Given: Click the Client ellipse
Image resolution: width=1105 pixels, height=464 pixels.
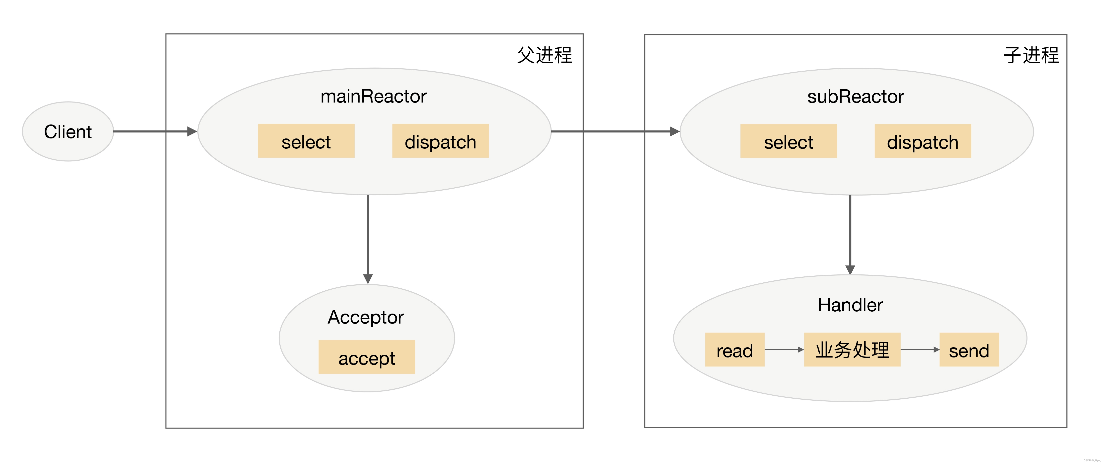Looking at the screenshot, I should click(x=68, y=131).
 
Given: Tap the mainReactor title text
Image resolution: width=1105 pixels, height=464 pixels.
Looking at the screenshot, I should click(x=373, y=96).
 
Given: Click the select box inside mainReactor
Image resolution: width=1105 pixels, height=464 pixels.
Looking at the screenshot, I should click(x=306, y=141).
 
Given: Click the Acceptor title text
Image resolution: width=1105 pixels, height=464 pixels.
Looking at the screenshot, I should click(x=366, y=317).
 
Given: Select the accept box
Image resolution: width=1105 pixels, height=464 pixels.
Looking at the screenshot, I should click(x=367, y=357).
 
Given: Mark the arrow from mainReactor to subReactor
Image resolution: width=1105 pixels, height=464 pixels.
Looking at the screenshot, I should click(x=613, y=131).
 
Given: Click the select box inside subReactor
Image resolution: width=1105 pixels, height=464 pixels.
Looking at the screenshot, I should click(x=789, y=141).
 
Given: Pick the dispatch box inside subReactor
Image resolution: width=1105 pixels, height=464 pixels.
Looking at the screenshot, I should click(x=923, y=141).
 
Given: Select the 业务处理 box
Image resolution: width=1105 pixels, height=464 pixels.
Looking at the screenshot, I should click(x=852, y=350).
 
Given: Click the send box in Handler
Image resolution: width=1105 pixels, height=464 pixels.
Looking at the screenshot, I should click(x=969, y=350).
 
